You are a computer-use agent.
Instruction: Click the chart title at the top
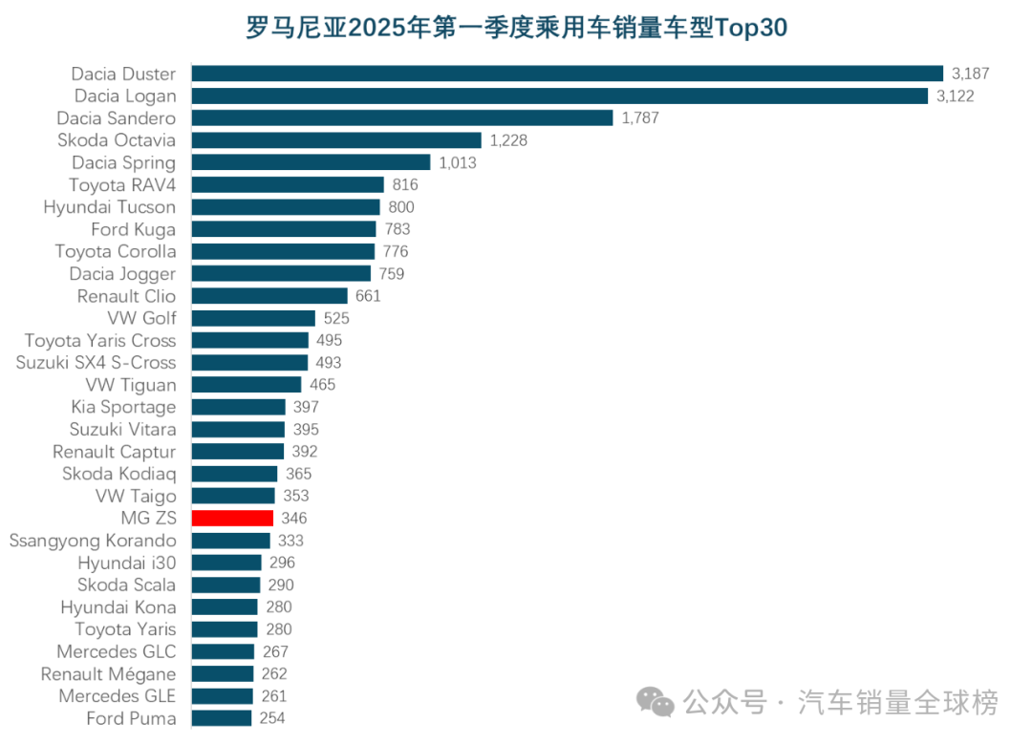(516, 28)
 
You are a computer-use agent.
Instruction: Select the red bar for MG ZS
(232, 519)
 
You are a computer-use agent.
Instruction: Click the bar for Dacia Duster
(568, 74)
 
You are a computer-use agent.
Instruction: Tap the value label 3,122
(955, 96)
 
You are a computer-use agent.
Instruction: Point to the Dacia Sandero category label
(117, 118)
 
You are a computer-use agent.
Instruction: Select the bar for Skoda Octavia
(336, 140)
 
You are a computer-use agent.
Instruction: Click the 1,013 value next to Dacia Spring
(458, 162)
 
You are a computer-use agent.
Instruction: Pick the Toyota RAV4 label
(122, 185)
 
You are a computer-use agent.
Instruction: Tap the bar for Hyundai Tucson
(286, 207)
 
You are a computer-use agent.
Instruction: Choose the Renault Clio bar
(269, 296)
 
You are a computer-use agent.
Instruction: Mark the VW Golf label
(142, 318)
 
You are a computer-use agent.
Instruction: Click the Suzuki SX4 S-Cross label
(97, 363)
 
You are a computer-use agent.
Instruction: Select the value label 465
(323, 385)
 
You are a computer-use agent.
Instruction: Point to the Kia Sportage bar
(238, 407)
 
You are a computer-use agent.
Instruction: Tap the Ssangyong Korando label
(93, 541)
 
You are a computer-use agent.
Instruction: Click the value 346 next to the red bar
(294, 519)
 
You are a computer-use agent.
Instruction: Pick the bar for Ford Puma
(222, 718)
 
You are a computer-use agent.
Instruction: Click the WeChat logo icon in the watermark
(656, 704)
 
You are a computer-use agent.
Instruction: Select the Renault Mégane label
(108, 674)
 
